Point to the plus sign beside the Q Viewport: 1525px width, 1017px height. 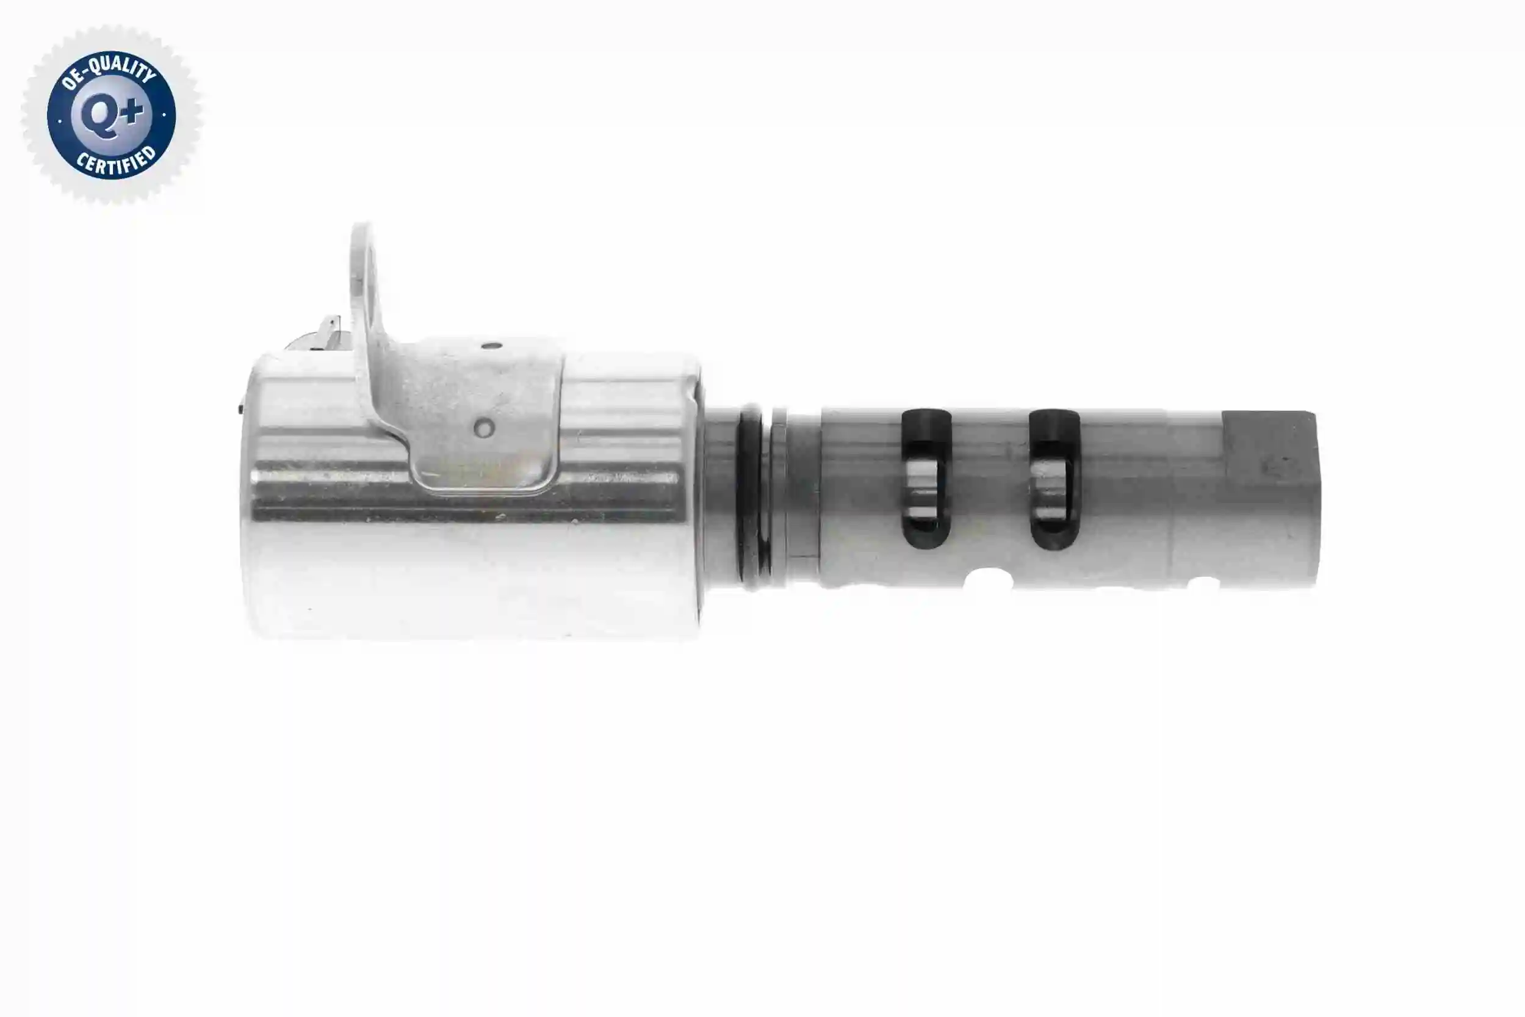click(131, 112)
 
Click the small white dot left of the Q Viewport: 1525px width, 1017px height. click(60, 120)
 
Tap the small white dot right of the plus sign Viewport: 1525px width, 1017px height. click(164, 115)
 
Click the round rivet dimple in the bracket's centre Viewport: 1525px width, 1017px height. click(484, 428)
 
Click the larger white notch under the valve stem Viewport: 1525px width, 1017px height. click(987, 579)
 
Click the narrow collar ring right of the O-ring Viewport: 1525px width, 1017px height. click(779, 493)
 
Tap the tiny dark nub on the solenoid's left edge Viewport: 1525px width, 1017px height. click(240, 408)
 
